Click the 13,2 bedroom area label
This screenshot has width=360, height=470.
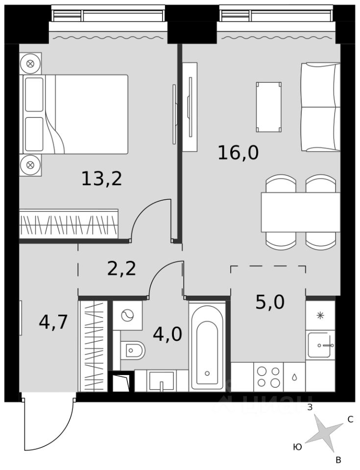[x=102, y=179]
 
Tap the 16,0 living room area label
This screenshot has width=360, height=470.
[x=238, y=153]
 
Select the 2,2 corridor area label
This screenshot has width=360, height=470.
[x=121, y=269]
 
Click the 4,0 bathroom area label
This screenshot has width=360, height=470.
[x=168, y=334]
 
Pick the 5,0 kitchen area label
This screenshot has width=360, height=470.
[x=270, y=302]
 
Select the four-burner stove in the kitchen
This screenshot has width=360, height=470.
[x=268, y=377]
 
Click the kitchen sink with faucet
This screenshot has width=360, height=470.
[x=320, y=345]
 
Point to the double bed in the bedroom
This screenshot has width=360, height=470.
[x=75, y=114]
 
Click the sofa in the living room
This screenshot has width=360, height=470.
[x=320, y=107]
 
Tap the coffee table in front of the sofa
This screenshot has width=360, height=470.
[x=269, y=107]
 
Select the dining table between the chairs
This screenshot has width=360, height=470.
[x=301, y=212]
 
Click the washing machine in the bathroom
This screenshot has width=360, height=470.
[x=128, y=315]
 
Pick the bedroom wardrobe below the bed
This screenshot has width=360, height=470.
[x=69, y=224]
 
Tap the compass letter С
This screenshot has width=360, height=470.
[x=350, y=420]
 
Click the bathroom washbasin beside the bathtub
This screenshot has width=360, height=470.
[x=162, y=381]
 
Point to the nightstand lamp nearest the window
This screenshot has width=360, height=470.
[x=30, y=64]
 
